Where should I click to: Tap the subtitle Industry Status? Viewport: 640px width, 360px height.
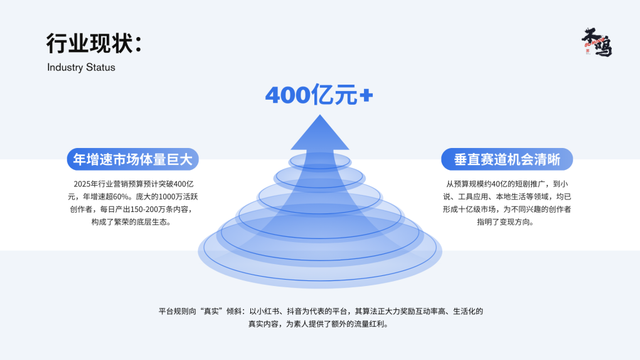click(x=81, y=67)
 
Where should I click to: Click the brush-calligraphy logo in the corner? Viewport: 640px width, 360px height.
click(x=596, y=43)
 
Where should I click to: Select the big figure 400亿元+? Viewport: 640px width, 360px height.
click(x=319, y=95)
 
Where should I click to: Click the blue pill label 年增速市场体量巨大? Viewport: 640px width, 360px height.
click(x=132, y=159)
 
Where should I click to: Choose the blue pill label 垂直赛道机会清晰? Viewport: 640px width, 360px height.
click(x=506, y=159)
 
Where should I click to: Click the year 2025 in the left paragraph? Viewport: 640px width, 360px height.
click(x=82, y=184)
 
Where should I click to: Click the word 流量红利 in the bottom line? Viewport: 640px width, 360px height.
click(x=371, y=324)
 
